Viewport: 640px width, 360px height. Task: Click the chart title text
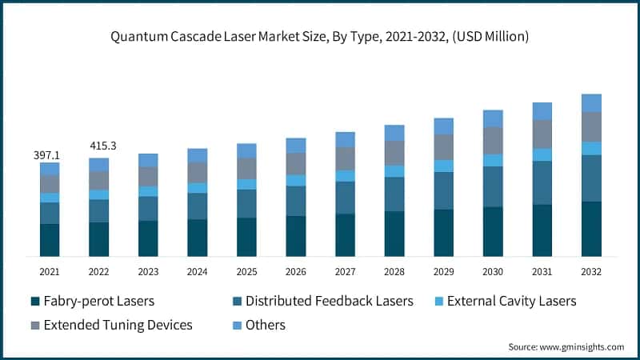click(x=320, y=37)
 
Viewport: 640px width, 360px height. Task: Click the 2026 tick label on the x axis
click(x=296, y=272)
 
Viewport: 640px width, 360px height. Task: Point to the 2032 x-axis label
click(x=591, y=272)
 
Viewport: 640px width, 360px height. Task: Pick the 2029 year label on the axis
click(x=443, y=272)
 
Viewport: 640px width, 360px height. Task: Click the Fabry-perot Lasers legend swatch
click(x=34, y=302)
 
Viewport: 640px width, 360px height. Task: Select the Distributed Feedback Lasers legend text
click(x=329, y=302)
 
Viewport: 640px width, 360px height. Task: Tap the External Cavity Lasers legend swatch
click(x=437, y=302)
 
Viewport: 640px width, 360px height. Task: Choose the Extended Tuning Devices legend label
click(x=118, y=325)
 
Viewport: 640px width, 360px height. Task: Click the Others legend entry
click(x=265, y=325)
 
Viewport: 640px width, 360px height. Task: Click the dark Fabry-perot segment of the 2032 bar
click(x=591, y=229)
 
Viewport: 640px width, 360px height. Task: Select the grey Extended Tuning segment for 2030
click(x=493, y=141)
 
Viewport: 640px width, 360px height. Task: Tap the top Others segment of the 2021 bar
click(x=50, y=169)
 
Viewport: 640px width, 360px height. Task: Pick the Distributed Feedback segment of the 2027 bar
click(x=345, y=198)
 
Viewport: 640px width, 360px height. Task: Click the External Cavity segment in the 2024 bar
click(x=197, y=188)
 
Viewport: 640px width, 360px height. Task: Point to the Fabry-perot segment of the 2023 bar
click(x=148, y=238)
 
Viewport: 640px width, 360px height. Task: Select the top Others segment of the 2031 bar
click(x=542, y=111)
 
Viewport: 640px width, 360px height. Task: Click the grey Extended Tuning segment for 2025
click(x=246, y=168)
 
